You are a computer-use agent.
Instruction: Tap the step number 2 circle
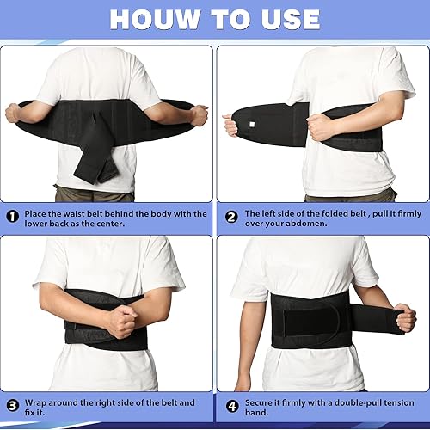pos(230,215)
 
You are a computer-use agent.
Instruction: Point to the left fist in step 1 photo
pos(12,113)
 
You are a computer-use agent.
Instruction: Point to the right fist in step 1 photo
pos(200,114)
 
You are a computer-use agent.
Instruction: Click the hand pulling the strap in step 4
pos(404,317)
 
